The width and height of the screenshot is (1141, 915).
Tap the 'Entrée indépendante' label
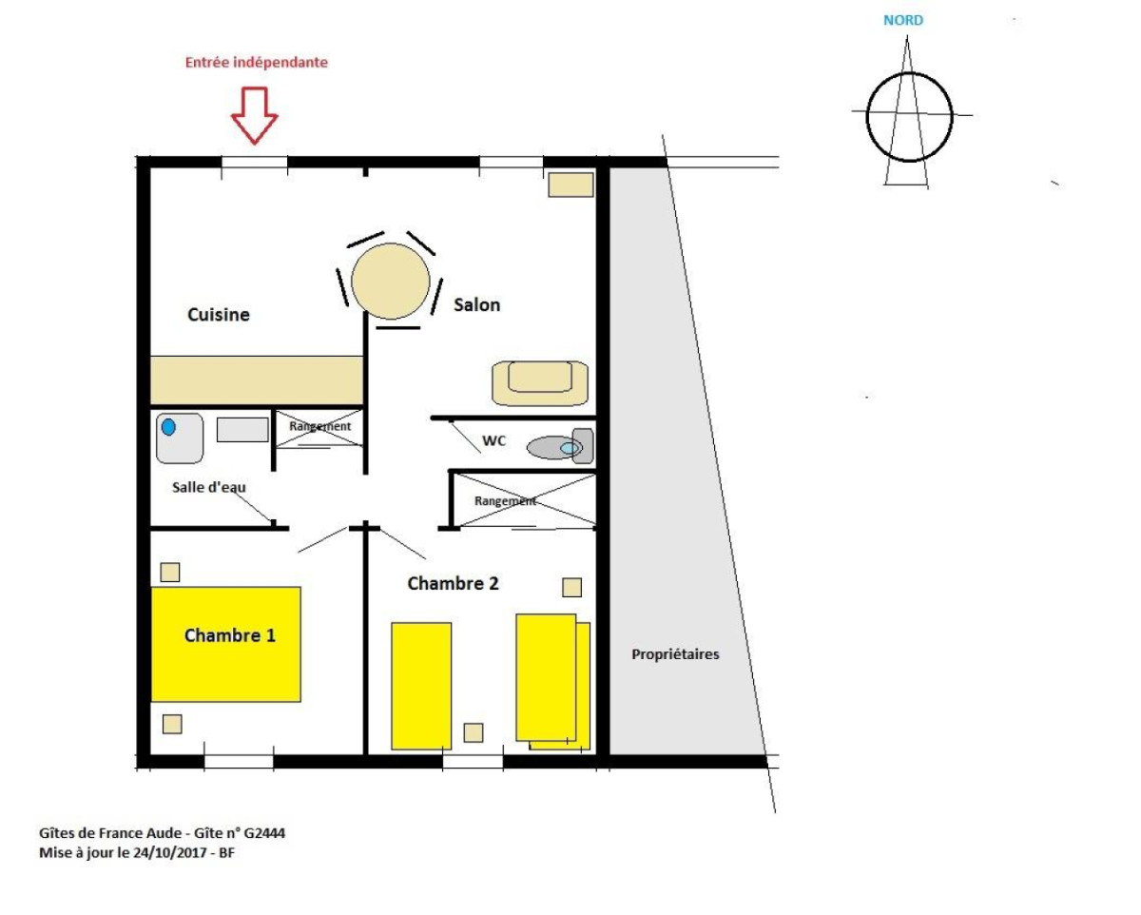(x=256, y=63)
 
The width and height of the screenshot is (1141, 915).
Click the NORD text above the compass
(x=903, y=20)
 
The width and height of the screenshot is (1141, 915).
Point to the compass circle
(x=867, y=117)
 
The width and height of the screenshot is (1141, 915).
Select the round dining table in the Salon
(x=391, y=282)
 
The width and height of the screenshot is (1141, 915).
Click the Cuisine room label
(x=219, y=315)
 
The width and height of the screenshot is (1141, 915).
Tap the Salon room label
(x=476, y=305)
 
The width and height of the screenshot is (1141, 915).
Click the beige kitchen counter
(x=257, y=380)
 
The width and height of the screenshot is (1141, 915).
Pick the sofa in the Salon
(x=540, y=383)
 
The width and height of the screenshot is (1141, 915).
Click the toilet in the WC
(x=560, y=447)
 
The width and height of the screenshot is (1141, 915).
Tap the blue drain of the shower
(x=168, y=426)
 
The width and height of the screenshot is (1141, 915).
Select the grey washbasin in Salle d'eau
(x=242, y=430)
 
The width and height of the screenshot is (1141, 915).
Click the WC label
(x=493, y=440)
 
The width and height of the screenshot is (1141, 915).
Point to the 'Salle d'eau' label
(x=209, y=488)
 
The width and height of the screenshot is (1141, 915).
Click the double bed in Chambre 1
(x=226, y=645)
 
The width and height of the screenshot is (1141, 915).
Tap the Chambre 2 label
(x=453, y=583)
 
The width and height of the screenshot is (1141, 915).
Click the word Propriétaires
(x=675, y=654)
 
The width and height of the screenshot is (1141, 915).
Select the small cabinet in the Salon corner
(x=570, y=185)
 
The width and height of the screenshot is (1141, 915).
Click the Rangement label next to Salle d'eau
(x=319, y=426)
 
